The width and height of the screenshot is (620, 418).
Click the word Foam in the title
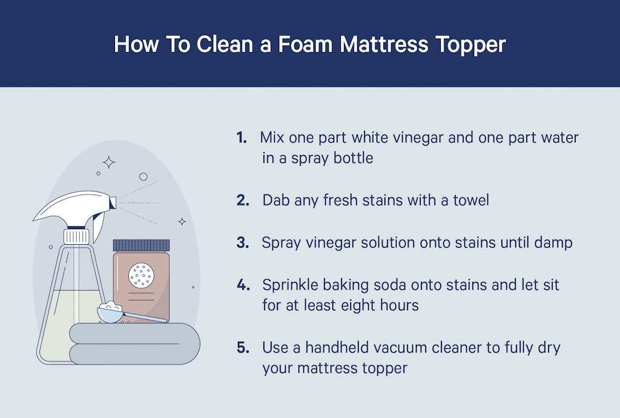pos(298,44)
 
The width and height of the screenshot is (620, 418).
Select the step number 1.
pos(242,138)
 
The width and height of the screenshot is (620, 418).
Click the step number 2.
pos(243,200)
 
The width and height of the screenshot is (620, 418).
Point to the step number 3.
pos(243,243)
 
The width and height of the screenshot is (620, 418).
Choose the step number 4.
pos(243,285)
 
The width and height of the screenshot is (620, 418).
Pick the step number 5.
pos(243,348)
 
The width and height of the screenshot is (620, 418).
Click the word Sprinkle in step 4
pos(288,285)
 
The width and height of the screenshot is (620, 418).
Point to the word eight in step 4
pos(353,305)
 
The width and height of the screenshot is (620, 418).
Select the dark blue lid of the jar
pos(142,245)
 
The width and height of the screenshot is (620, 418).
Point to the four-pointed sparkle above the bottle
pos(109,162)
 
